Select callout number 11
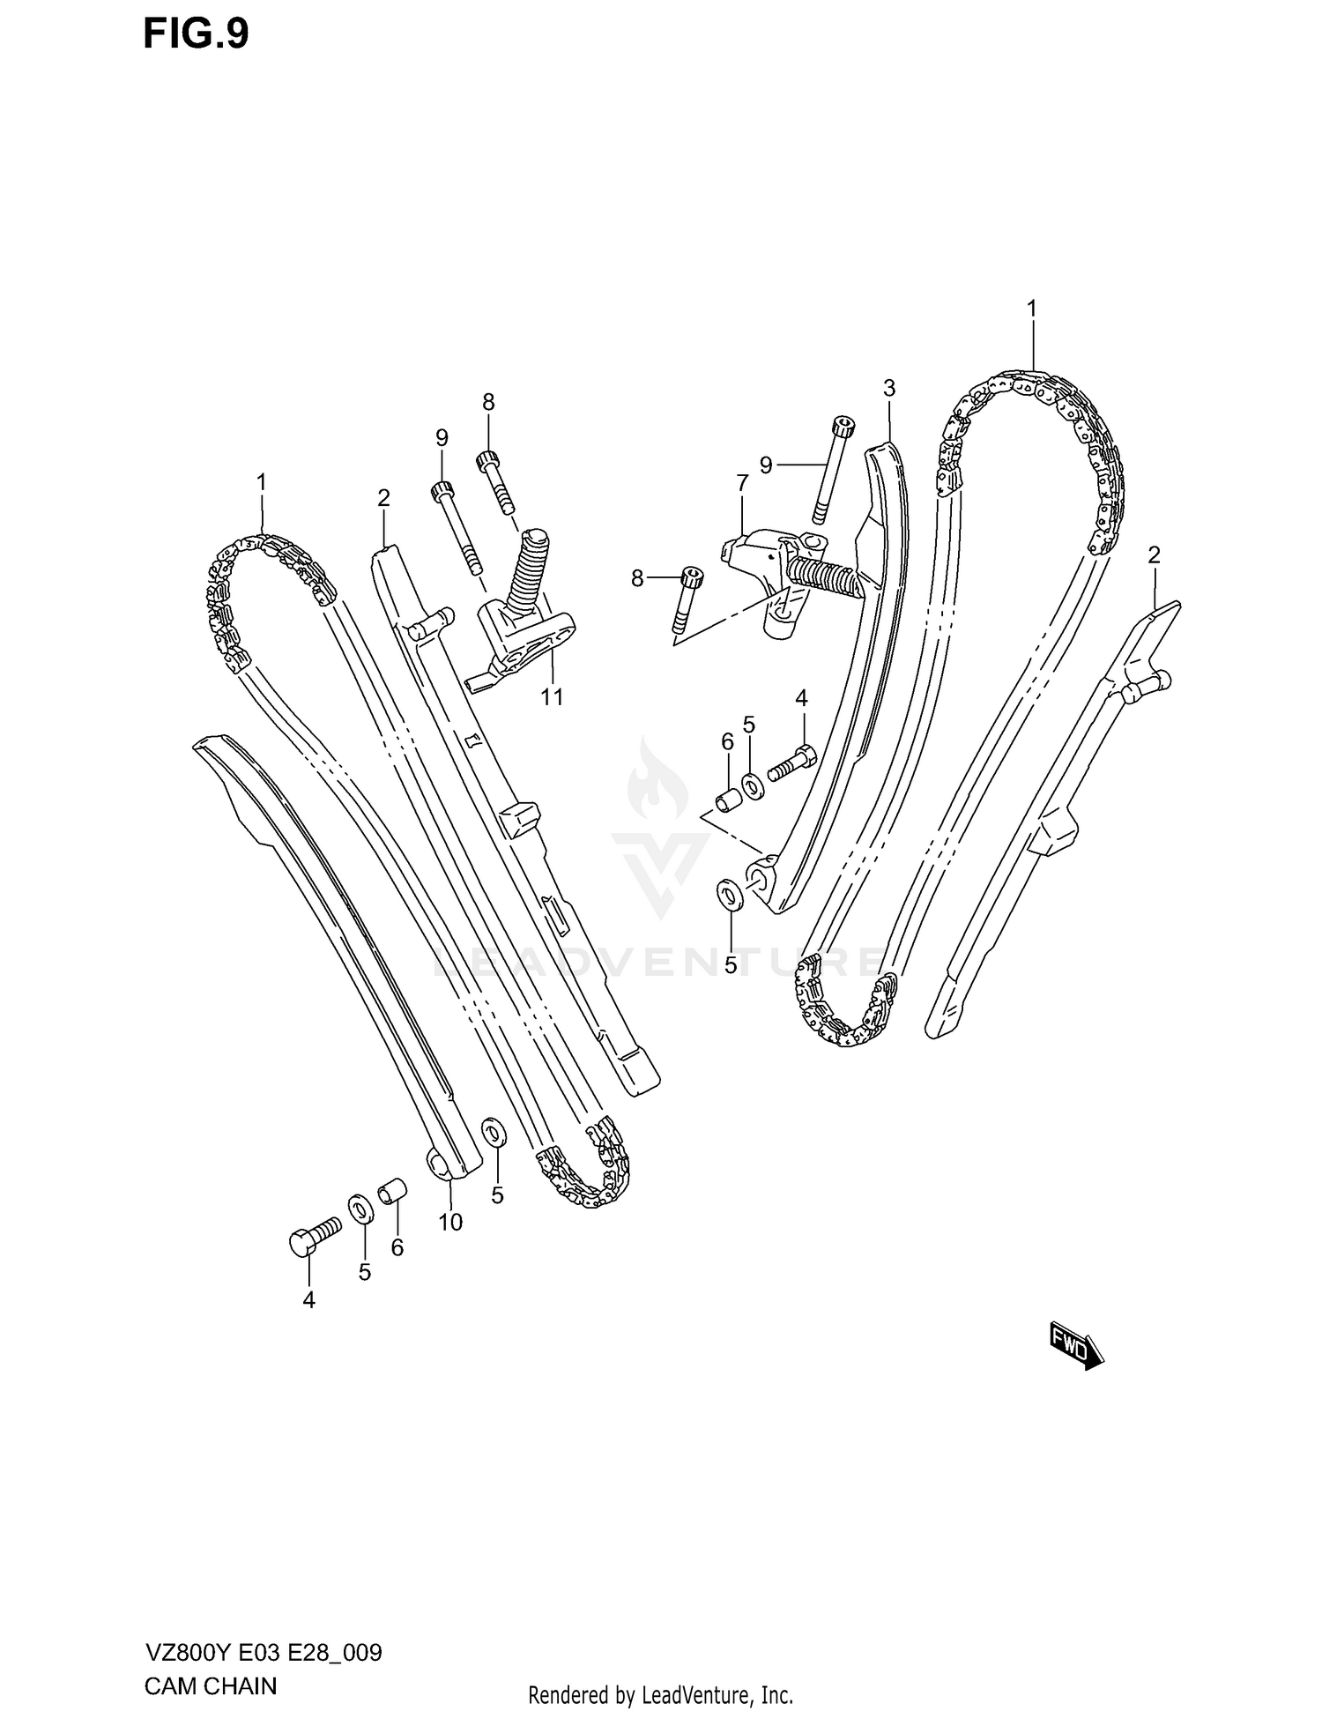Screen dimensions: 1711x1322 tap(552, 697)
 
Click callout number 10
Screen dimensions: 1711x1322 tap(450, 1222)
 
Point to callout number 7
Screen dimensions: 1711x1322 tap(742, 483)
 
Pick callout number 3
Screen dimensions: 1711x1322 tap(888, 388)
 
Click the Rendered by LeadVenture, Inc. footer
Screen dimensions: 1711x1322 tap(660, 1694)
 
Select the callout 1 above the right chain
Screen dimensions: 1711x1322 tap(1030, 309)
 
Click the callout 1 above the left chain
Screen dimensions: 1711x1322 tap(261, 482)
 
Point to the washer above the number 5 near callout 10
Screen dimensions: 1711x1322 tap(494, 1133)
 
